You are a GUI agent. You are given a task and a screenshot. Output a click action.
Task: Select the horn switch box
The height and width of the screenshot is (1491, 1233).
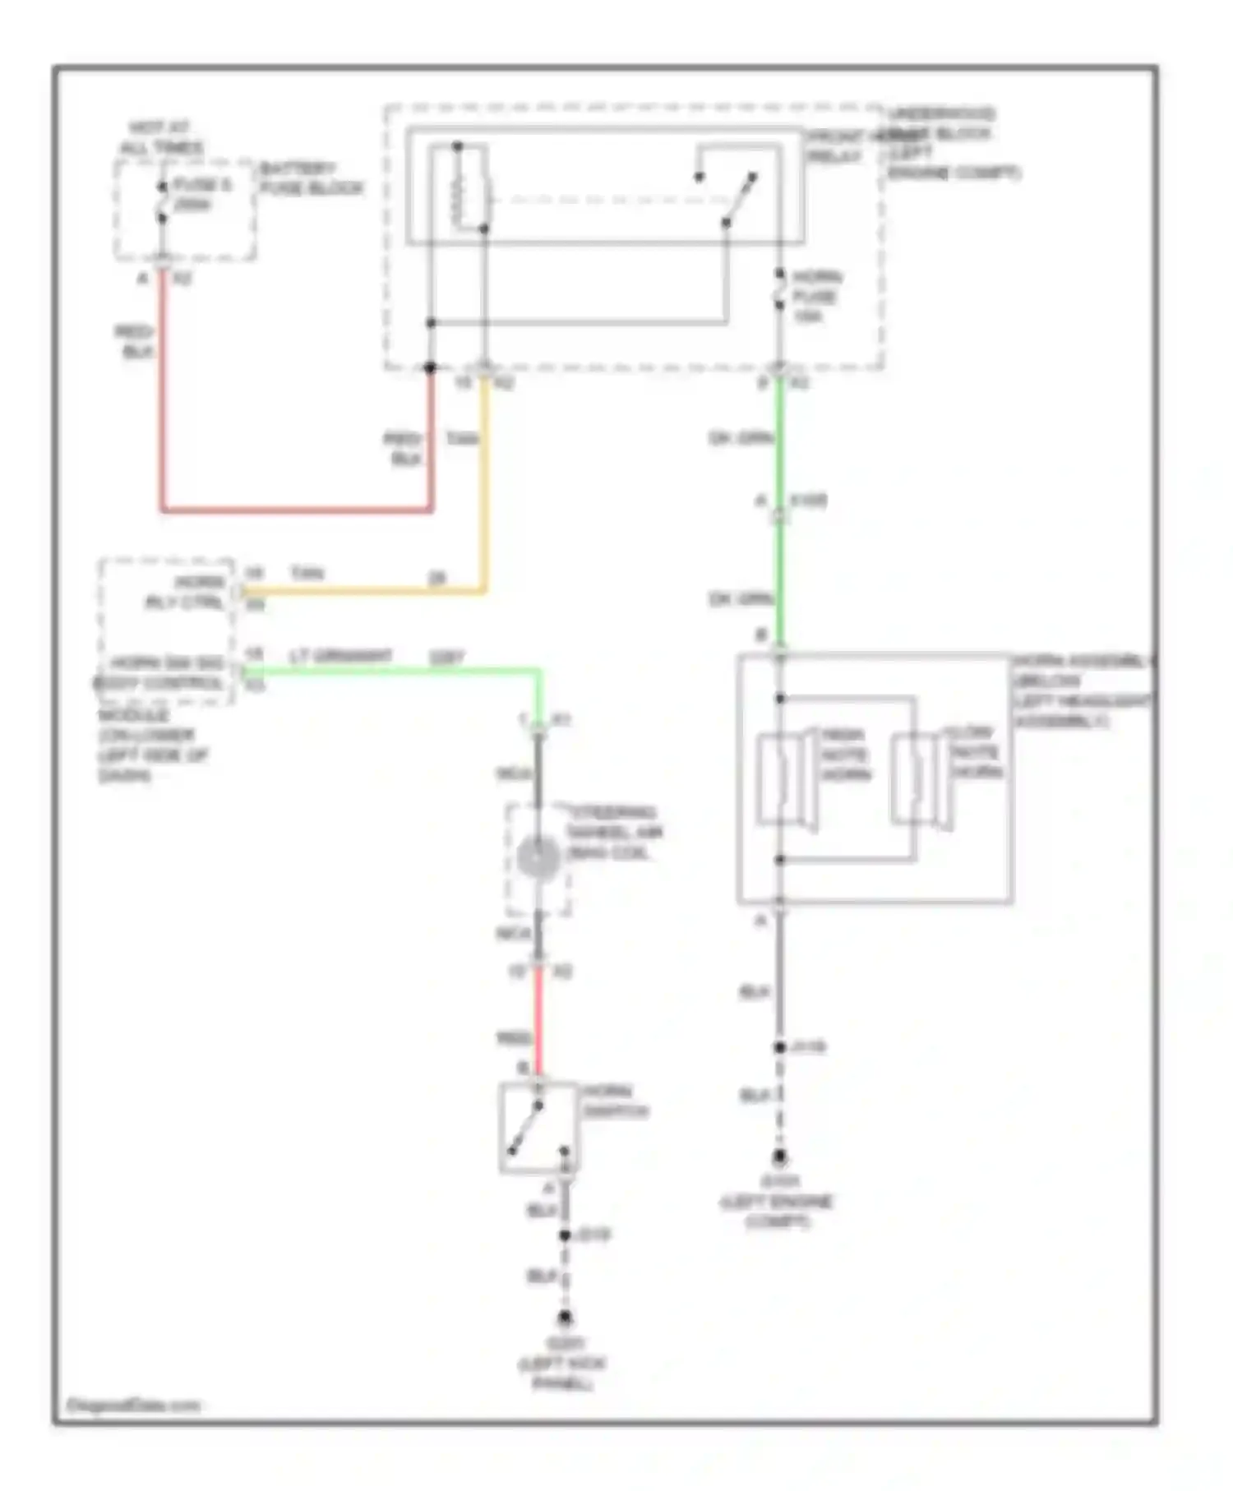538,1127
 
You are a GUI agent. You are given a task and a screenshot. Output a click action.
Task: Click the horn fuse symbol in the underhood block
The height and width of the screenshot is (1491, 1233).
779,289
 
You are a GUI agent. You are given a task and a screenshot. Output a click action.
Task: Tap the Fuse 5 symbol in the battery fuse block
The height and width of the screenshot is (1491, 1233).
162,202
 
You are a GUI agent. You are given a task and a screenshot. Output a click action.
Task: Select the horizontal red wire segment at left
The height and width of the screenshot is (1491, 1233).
296,510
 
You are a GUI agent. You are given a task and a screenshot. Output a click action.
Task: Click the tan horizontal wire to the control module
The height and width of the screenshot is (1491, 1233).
362,590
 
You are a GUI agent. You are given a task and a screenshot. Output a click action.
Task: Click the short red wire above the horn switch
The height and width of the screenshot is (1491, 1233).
538,1019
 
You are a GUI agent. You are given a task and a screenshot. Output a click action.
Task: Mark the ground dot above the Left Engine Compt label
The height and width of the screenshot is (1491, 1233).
778,1157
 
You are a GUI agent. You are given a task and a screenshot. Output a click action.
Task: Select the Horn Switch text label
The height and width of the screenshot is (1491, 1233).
615,1101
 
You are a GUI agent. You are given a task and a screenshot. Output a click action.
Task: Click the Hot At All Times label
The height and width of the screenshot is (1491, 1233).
161,137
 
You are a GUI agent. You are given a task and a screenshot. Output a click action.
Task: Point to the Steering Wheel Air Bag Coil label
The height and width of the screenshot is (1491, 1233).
615,832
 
